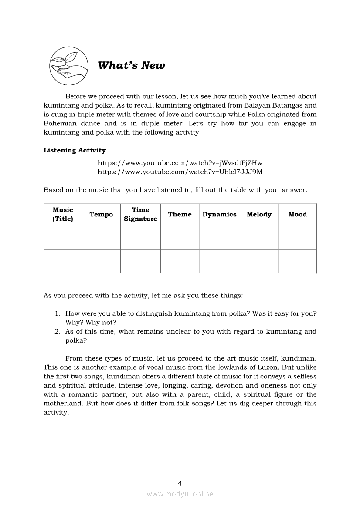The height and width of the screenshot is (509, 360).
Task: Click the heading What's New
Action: [x=131, y=66]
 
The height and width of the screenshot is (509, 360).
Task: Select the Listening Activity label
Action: [x=75, y=150]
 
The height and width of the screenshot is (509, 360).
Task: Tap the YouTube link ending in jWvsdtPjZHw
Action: [x=180, y=163]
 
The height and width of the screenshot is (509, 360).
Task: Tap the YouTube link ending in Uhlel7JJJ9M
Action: [x=180, y=172]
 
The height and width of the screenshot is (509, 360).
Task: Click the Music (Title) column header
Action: [x=63, y=214]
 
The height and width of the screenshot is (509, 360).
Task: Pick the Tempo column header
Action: [x=101, y=214]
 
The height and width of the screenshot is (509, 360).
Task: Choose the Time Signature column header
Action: [x=140, y=214]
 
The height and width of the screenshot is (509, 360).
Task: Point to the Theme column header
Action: [x=180, y=214]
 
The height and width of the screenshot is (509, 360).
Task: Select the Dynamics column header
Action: [x=219, y=214]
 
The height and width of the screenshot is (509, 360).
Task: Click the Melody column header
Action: [x=259, y=214]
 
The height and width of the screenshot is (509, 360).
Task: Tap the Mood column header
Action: [x=297, y=214]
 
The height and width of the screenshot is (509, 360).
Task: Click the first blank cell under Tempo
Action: [x=101, y=237]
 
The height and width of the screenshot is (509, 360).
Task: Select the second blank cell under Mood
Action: [x=297, y=261]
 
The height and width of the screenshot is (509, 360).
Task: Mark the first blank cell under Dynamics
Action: [x=219, y=237]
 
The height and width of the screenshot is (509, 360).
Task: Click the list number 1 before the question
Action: [x=57, y=313]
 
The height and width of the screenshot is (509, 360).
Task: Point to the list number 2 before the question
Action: [x=57, y=331]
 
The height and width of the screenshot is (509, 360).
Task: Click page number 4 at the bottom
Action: [x=180, y=483]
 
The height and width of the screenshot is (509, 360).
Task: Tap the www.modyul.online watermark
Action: [x=180, y=494]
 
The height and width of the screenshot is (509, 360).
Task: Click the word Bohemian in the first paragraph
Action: [x=61, y=123]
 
